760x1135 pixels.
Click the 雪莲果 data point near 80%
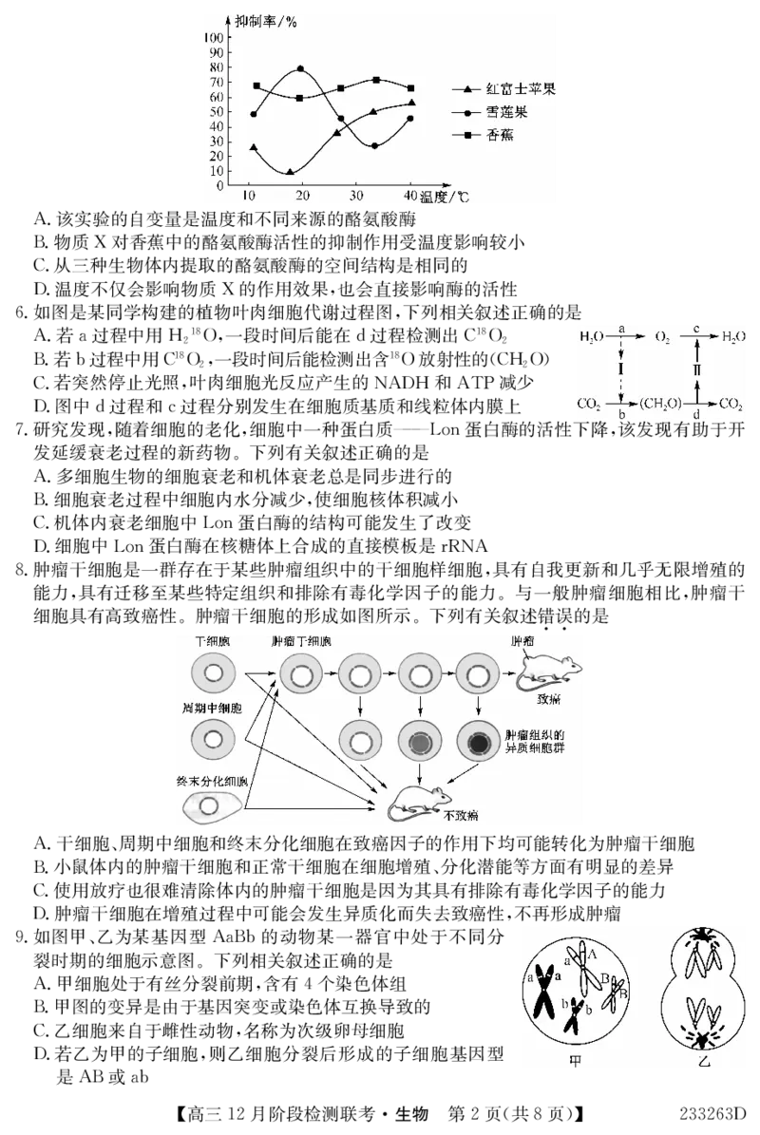point(301,69)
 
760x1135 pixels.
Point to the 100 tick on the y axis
point(213,36)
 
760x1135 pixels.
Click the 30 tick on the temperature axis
point(357,195)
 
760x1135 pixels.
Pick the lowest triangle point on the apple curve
point(290,172)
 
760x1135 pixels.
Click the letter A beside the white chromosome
point(593,953)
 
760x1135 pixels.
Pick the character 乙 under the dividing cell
point(704,1060)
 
